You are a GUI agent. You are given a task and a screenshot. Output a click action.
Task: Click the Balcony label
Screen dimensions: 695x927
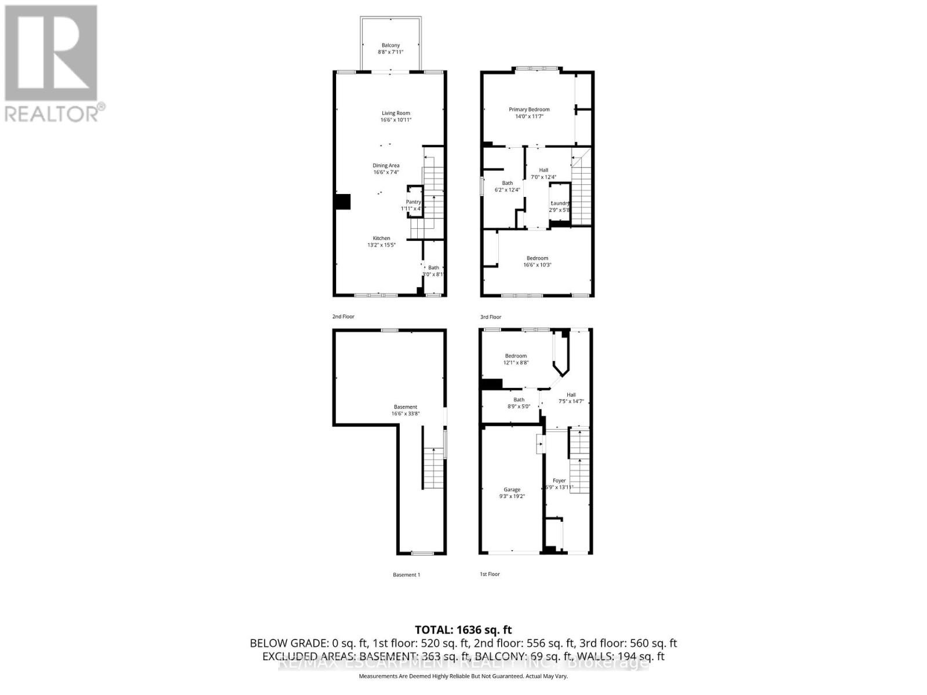pos(390,46)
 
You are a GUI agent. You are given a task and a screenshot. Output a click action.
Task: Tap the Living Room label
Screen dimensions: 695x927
pos(396,114)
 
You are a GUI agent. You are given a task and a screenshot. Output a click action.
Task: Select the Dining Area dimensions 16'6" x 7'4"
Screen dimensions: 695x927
pos(386,173)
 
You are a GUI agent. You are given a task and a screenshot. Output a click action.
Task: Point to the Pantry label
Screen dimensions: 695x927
pos(413,202)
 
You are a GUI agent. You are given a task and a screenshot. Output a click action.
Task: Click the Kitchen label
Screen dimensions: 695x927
pos(381,238)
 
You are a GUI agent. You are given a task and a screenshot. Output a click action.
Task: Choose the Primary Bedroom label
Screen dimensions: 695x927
pos(529,109)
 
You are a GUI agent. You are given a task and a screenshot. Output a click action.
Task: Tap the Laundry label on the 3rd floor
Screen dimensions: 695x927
pos(560,203)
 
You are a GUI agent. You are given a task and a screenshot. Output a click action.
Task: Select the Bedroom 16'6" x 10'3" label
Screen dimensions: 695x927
pos(537,258)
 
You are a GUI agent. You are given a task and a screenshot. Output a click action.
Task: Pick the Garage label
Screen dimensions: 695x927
pos(512,490)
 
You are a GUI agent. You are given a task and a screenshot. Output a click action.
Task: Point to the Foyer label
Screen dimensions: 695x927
pos(559,481)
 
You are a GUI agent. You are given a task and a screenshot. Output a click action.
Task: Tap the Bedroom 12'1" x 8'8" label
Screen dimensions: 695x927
pos(516,356)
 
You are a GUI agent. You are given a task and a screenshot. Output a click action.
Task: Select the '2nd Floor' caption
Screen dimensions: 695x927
pos(343,317)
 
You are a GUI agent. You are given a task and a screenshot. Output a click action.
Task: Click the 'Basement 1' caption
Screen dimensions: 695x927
pos(406,575)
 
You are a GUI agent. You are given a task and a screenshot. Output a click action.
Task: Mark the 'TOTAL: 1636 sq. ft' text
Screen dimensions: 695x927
pos(463,630)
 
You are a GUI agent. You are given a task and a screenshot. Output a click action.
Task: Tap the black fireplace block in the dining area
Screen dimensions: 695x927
pos(342,201)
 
